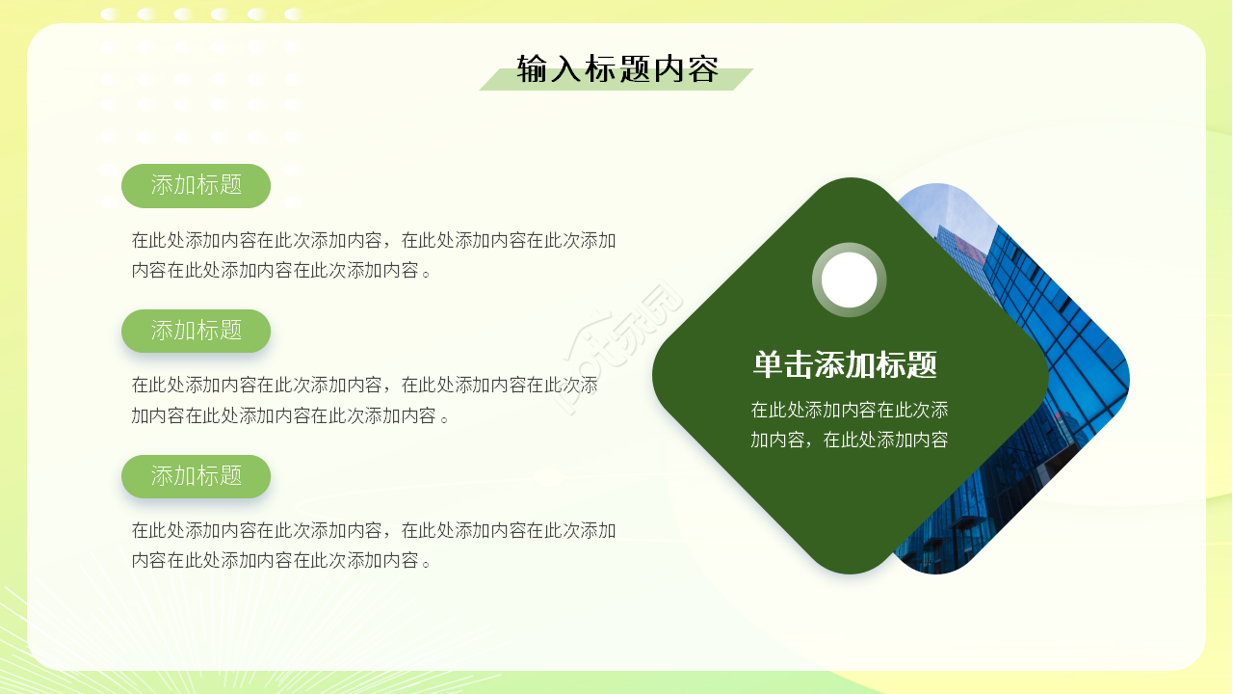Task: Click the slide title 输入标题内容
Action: [617, 69]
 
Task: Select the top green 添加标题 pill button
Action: [196, 185]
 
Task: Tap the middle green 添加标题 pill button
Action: [196, 331]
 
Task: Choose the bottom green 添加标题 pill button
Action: [196, 476]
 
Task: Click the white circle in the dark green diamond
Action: [849, 280]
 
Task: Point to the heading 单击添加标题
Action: [845, 365]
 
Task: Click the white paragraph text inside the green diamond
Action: [849, 425]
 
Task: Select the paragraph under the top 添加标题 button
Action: [374, 255]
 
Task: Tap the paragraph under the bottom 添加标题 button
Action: [374, 546]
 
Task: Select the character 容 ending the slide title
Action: [704, 69]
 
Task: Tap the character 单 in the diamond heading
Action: [768, 365]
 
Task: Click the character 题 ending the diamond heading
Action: [922, 365]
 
